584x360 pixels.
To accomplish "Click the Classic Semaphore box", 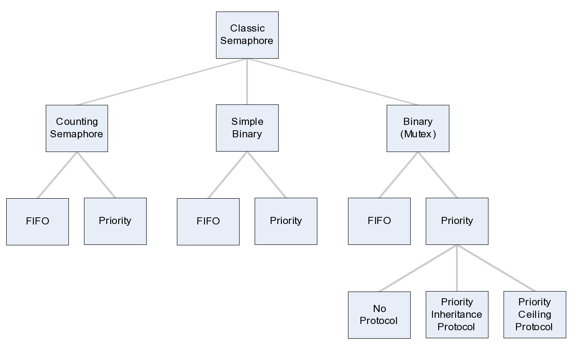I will click(x=247, y=35).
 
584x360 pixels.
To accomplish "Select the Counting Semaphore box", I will click(x=77, y=128).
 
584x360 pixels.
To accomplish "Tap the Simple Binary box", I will click(x=247, y=128).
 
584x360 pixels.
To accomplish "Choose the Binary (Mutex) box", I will click(x=418, y=128).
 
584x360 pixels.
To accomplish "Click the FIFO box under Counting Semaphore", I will click(x=38, y=221).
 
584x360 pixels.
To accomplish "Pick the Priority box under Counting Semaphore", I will click(x=115, y=221).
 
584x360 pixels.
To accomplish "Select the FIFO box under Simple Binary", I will click(x=208, y=221).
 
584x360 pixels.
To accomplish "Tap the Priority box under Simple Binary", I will click(x=286, y=221).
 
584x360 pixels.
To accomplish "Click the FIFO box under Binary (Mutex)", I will click(x=379, y=221).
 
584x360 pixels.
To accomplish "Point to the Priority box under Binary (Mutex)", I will click(x=457, y=221).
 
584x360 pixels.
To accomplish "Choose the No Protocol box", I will click(x=379, y=315).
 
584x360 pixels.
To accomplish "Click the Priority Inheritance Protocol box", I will click(x=457, y=315).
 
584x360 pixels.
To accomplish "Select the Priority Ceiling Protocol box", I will click(x=535, y=315).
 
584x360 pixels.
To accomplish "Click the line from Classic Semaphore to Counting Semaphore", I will click(x=162, y=82).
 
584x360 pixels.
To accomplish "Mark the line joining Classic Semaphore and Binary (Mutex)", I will click(x=332, y=82).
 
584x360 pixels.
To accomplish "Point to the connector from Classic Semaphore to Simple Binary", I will click(x=247, y=82).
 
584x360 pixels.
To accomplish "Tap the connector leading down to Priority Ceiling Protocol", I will click(x=496, y=268).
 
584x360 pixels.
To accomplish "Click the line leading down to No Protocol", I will click(x=418, y=268).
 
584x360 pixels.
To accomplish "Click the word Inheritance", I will click(x=457, y=315).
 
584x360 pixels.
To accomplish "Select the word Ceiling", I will click(x=535, y=315).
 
